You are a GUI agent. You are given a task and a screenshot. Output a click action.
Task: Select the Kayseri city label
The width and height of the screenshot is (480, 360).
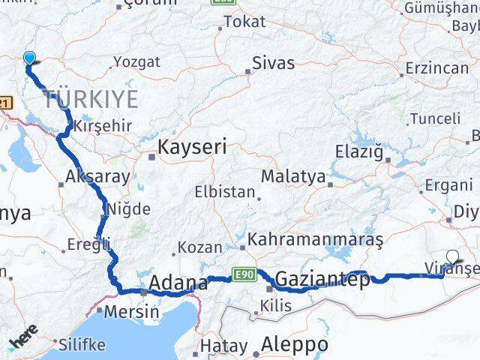pyautogui.click(x=191, y=148)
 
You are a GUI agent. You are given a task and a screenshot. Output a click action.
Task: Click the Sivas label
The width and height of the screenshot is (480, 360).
pyautogui.click(x=273, y=63)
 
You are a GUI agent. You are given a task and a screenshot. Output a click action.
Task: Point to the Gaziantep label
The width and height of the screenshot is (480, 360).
pyautogui.click(x=322, y=280)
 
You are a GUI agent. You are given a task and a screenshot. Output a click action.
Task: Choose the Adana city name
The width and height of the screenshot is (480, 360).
pyautogui.click(x=178, y=283)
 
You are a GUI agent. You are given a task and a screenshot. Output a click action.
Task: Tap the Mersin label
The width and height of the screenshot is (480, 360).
pyautogui.click(x=132, y=311)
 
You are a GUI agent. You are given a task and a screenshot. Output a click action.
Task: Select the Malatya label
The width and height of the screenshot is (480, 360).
pyautogui.click(x=293, y=178)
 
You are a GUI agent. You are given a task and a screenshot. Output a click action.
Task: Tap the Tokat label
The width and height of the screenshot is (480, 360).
pyautogui.click(x=244, y=22)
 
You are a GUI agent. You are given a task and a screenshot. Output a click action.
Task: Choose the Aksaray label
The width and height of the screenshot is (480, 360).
pyautogui.click(x=97, y=177)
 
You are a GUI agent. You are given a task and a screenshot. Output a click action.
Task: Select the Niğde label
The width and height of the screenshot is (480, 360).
pyautogui.click(x=128, y=209)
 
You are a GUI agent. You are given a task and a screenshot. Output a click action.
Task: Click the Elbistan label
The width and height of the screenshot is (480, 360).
pyautogui.click(x=225, y=191)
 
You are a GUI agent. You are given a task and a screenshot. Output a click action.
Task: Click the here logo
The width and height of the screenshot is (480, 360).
pyautogui.click(x=25, y=340)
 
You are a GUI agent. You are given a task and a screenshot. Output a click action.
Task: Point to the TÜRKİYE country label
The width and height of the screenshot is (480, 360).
pyautogui.click(x=91, y=98)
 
